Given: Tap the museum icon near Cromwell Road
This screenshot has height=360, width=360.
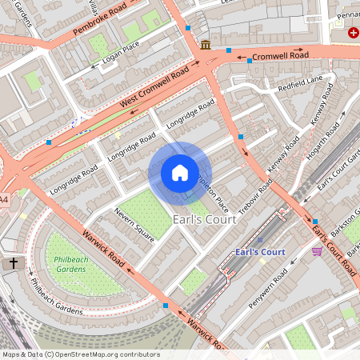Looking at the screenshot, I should tap(206, 43).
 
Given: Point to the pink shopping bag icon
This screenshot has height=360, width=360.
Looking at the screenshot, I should tap(317, 251).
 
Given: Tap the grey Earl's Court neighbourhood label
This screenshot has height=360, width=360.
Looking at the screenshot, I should tap(205, 219).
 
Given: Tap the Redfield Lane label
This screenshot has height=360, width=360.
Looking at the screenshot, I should tap(299, 82).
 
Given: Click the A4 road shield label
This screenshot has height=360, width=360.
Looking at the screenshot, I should tap(4, 199).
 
